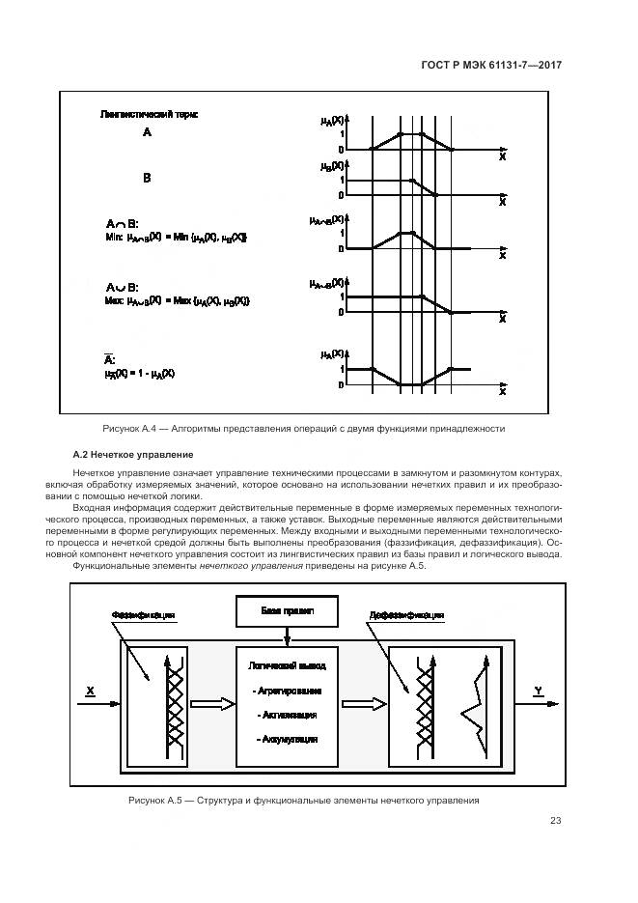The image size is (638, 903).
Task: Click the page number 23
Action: point(555,821)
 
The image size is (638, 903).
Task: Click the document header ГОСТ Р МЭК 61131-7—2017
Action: point(492,65)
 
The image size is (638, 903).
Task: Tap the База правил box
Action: point(286,613)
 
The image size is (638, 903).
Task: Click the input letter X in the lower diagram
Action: point(90,691)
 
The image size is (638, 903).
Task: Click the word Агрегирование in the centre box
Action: point(287,691)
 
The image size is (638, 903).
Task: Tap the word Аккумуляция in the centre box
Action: point(287,738)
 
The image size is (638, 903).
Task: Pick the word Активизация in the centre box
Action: point(287,715)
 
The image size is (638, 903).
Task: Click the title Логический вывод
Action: point(287,666)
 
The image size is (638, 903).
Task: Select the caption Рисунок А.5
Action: point(303,801)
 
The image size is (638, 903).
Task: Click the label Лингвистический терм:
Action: point(149,114)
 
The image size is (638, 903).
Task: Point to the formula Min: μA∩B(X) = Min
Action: point(175,237)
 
